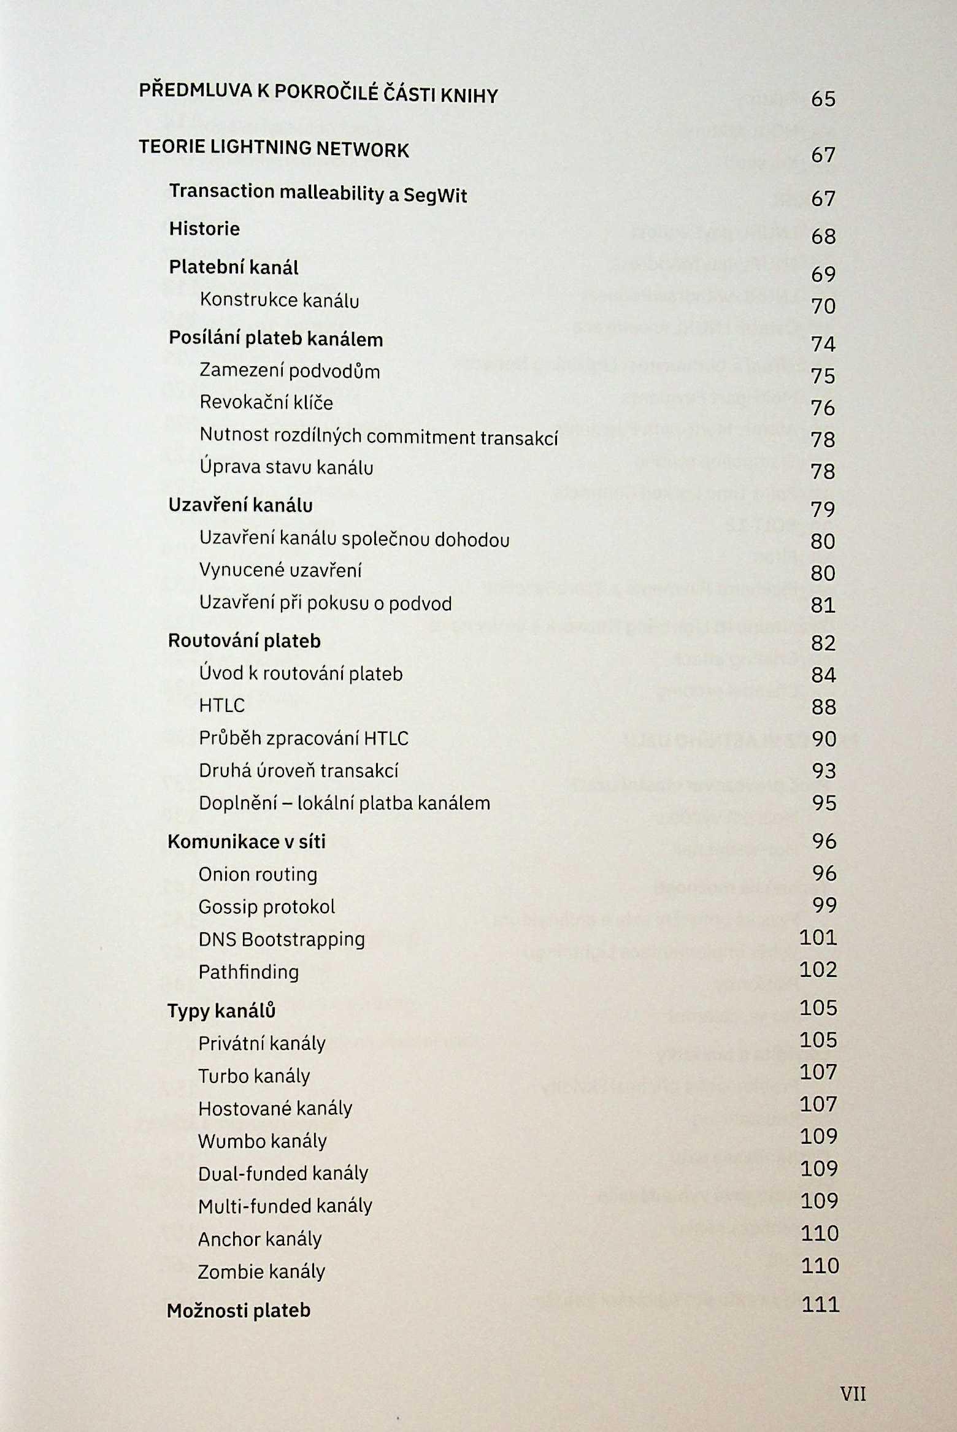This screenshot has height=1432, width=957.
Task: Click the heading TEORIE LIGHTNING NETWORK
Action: click(x=274, y=148)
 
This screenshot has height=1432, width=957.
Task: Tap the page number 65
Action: click(x=823, y=99)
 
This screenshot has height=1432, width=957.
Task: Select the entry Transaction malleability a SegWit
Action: click(x=318, y=194)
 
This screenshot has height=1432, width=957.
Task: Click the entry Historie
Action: click(x=204, y=229)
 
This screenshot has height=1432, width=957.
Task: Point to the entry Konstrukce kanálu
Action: click(x=279, y=300)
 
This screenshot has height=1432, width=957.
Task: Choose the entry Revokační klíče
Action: click(x=266, y=402)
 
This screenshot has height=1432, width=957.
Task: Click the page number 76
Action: click(x=823, y=407)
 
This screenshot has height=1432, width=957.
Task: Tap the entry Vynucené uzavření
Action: click(x=280, y=570)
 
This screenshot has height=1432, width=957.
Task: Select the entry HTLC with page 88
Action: click(x=221, y=705)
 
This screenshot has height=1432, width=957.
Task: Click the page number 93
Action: click(x=823, y=770)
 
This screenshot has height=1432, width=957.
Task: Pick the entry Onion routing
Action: click(x=258, y=874)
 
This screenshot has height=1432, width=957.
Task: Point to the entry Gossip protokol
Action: click(x=266, y=906)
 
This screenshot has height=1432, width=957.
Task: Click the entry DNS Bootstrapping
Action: click(x=282, y=939)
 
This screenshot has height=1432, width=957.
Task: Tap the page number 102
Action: click(x=818, y=969)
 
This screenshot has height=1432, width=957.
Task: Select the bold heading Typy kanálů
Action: click(x=221, y=1010)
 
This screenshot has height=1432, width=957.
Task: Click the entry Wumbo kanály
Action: click(x=262, y=1141)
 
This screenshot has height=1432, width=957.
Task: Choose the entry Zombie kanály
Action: click(x=261, y=1271)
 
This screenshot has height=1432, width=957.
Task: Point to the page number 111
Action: click(x=820, y=1304)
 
